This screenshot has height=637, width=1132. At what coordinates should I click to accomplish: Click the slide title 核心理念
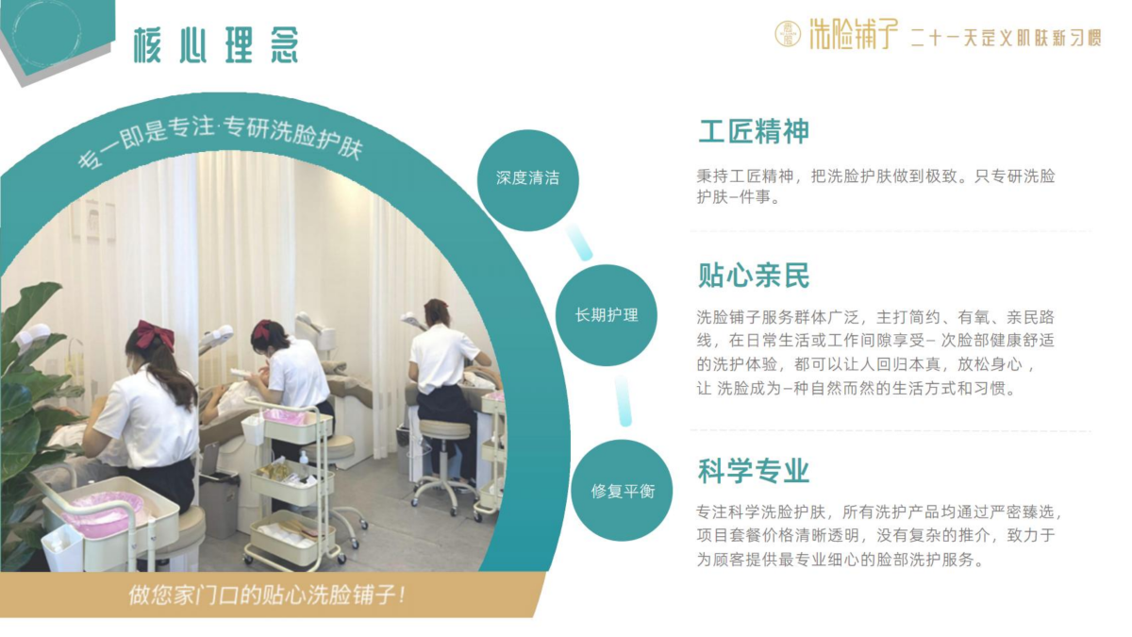216,45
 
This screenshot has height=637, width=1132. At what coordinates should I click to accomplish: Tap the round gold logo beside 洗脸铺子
788,34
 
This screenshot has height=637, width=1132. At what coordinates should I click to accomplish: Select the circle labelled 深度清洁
527,180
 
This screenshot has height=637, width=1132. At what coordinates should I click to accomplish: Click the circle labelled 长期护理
607,315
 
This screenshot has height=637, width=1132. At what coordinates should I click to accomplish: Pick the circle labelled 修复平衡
622,491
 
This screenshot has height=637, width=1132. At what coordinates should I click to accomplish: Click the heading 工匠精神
754,131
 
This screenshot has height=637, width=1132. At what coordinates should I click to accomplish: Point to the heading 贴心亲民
754,276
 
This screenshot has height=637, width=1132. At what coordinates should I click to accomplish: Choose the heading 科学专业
754,471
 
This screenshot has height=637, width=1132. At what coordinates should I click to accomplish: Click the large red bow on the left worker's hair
155,334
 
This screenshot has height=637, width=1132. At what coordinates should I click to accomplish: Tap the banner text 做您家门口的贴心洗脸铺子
267,595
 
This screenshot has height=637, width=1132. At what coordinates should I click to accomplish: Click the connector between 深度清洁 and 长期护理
579,243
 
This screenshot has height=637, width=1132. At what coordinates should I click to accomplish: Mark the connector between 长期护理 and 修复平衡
624,401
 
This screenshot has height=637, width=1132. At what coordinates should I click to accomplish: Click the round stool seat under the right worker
444,429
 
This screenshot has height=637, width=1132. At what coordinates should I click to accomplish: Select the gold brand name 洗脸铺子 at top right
854,34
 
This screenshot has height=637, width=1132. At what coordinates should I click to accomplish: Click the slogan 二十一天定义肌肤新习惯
1007,38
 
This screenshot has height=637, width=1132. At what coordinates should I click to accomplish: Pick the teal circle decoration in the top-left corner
46,33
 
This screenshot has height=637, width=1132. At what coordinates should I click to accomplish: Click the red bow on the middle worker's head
263,329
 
